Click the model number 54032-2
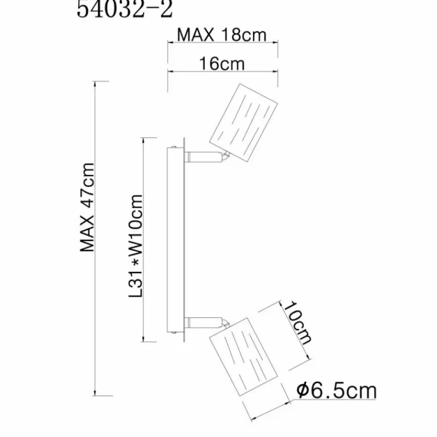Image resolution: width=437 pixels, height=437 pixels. click(x=125, y=9)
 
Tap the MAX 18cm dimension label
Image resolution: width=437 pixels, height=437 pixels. click(x=222, y=35)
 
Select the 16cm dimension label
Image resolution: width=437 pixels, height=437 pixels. click(x=222, y=64)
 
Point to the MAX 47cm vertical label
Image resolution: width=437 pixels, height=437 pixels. click(x=87, y=208)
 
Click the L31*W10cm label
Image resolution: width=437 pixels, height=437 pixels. click(x=135, y=246)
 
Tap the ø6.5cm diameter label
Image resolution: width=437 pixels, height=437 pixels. click(x=336, y=391)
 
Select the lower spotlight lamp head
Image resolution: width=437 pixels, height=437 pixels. click(x=243, y=357)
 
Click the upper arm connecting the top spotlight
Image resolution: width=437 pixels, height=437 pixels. click(x=203, y=157)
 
